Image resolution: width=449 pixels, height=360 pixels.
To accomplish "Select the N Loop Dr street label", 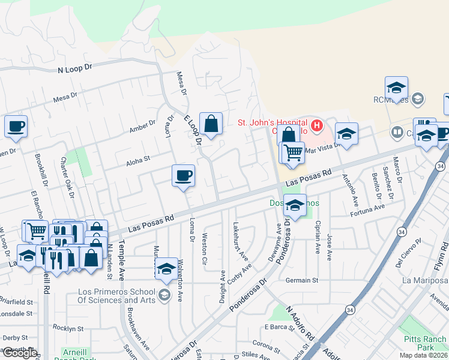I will (74, 69).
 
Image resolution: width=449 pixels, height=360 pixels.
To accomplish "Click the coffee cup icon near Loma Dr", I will (183, 176).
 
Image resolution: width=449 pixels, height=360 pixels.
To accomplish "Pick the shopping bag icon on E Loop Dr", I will (211, 124).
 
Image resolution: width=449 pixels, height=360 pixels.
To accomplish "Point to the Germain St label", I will (301, 280).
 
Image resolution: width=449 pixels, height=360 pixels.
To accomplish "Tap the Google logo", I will (20, 353).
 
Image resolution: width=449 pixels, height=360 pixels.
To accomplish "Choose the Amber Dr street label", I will (142, 126).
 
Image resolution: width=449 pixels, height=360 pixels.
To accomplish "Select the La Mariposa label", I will (425, 280).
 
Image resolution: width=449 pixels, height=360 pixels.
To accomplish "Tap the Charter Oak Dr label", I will (66, 177).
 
